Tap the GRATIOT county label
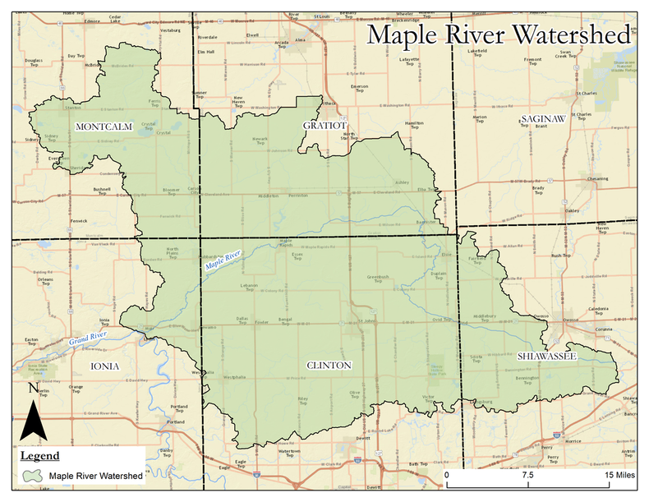click(324, 126)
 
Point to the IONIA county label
click(106, 366)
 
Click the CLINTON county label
click(329, 365)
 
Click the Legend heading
click(39, 455)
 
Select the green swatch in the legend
click(33, 475)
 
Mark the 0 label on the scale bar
click(447, 476)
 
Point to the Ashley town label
click(402, 182)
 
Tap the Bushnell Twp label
click(101, 191)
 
